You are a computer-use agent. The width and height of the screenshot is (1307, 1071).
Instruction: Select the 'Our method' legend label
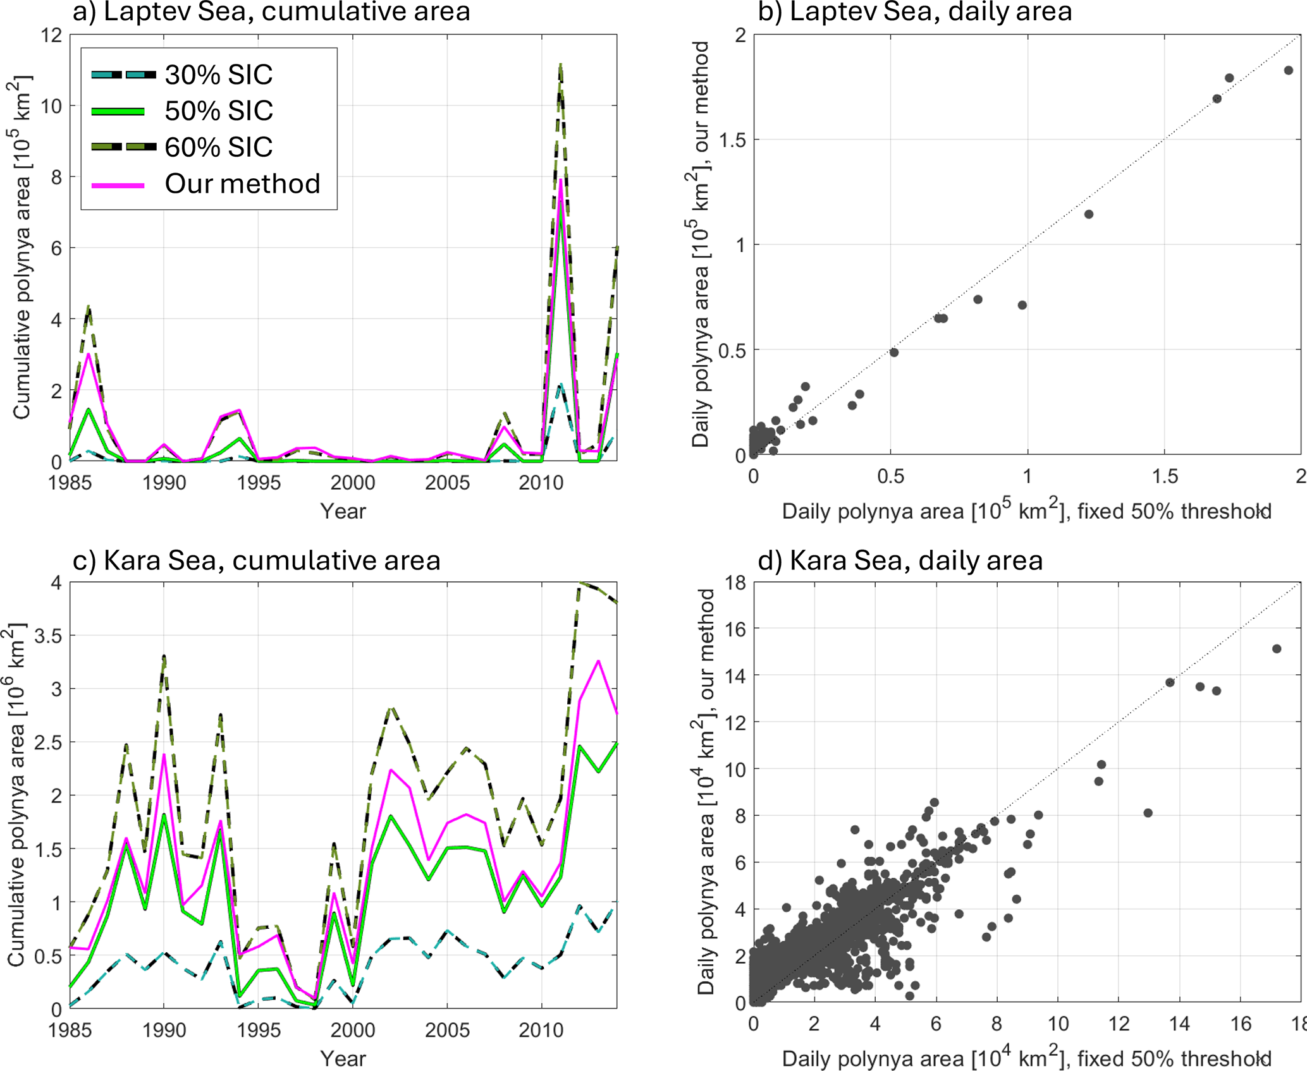[242, 184]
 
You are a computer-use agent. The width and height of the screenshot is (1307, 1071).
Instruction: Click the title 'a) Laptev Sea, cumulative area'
[271, 11]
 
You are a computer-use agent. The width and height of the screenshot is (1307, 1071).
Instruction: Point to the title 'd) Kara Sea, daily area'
[900, 560]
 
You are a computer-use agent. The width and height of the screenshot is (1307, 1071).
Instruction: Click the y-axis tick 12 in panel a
[53, 35]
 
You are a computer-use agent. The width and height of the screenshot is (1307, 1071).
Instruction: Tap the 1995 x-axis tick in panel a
[258, 483]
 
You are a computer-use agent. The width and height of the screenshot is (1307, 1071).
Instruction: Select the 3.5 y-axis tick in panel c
[48, 636]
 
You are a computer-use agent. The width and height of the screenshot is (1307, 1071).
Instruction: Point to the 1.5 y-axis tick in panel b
[732, 140]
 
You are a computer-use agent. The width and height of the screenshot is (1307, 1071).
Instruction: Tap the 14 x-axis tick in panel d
[1179, 1024]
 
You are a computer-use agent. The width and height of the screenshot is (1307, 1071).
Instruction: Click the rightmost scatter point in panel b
[1288, 70]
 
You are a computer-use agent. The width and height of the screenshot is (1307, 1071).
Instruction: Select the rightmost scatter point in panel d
[1277, 649]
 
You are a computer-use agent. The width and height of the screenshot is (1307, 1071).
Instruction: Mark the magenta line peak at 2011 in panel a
[560, 180]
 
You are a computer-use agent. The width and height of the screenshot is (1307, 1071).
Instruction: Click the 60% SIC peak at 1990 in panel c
[164, 656]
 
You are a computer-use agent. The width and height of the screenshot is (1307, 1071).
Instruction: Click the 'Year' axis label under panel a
[343, 511]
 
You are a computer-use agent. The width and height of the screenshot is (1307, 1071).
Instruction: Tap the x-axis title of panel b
[1026, 511]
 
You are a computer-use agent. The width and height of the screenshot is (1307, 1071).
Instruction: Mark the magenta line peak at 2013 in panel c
[598, 661]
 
